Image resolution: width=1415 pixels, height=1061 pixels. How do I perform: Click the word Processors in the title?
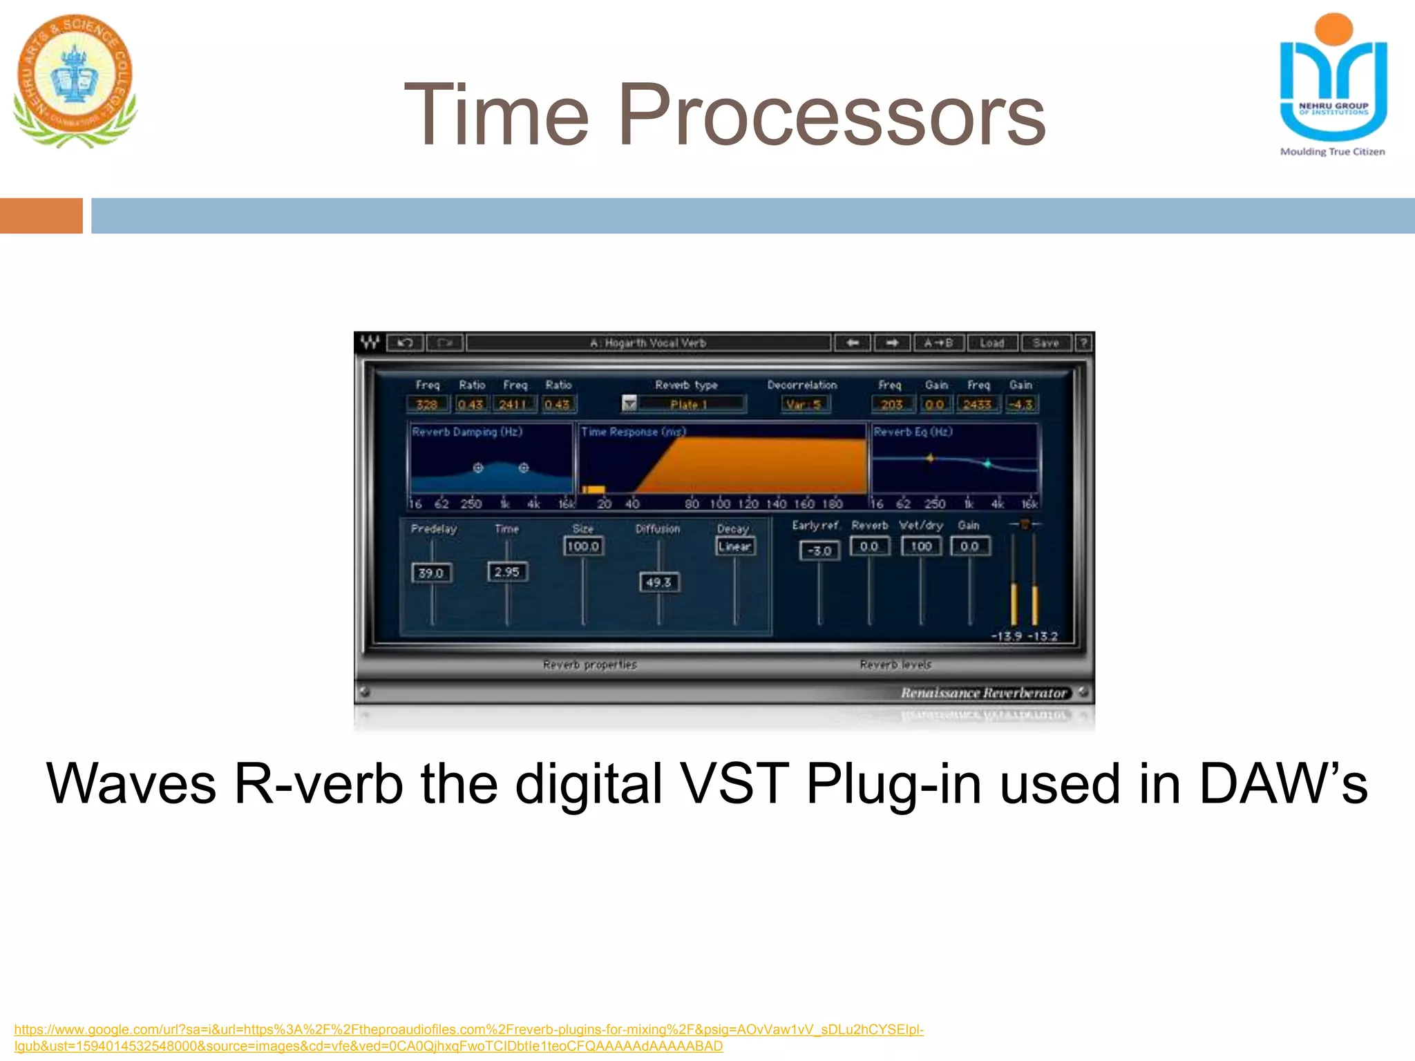(x=832, y=115)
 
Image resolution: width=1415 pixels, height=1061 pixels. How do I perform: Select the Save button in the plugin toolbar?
(x=1045, y=343)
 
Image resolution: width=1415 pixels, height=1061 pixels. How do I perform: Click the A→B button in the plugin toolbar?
(x=938, y=343)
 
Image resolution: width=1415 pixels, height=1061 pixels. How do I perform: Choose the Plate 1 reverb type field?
(x=689, y=405)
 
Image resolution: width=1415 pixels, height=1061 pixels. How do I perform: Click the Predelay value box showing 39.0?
(x=431, y=573)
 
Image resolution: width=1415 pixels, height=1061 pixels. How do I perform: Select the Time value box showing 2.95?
(x=507, y=572)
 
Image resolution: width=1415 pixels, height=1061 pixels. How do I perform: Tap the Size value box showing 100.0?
(x=583, y=546)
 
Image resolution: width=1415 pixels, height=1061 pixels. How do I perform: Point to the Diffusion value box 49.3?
(x=658, y=582)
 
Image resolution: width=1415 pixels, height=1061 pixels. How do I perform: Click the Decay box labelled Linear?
(x=734, y=546)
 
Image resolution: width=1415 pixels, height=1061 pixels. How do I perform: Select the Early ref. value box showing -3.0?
(x=819, y=551)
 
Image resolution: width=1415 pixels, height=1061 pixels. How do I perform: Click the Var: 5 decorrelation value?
(x=804, y=405)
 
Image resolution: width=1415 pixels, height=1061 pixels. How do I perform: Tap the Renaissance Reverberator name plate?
(x=983, y=693)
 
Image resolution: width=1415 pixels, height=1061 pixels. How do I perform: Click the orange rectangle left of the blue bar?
(x=41, y=216)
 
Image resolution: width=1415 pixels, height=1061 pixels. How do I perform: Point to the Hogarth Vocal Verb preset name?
(x=648, y=343)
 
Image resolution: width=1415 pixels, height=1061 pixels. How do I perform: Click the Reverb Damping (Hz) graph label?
(x=467, y=432)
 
